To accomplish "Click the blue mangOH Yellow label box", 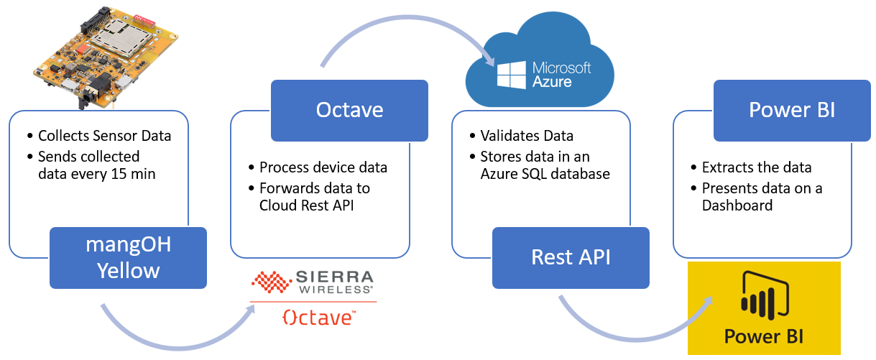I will click(128, 258).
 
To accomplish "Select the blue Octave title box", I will click(349, 110).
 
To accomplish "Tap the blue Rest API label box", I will click(571, 257).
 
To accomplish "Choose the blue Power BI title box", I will click(792, 110).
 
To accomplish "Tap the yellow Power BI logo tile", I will click(763, 308).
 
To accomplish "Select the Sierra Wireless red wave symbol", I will click(271, 283).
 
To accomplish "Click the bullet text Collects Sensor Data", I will click(104, 136).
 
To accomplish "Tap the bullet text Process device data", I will click(323, 167).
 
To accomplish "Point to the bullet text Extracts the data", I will click(757, 167).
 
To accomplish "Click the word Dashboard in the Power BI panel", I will click(737, 206).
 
